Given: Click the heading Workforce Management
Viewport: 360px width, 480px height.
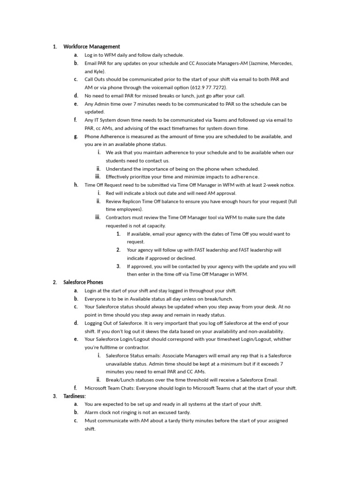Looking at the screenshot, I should [x=91, y=46].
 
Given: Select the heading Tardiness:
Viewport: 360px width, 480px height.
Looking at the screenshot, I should [x=75, y=396].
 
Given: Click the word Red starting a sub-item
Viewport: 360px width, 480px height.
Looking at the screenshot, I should [x=110, y=193].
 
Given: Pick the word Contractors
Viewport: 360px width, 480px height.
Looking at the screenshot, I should [x=119, y=217].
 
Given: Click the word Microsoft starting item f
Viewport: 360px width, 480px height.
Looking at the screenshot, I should [x=96, y=388].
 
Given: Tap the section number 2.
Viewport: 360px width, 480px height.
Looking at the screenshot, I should [x=54, y=282].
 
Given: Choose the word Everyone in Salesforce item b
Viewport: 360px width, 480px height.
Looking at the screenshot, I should [x=96, y=299].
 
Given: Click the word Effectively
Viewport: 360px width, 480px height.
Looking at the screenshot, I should [x=119, y=177].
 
